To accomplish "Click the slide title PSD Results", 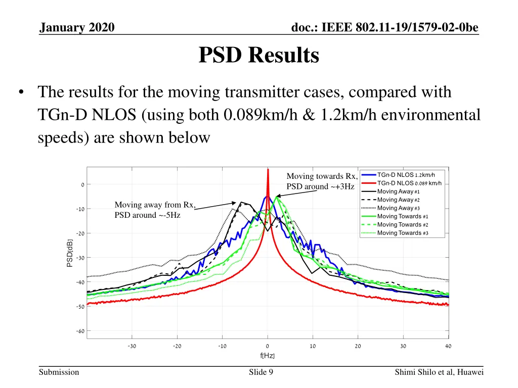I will click(x=258, y=56).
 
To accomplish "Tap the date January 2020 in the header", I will click(x=77, y=27).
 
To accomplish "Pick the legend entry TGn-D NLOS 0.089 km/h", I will click(x=409, y=183).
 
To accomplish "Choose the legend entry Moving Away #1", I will click(x=399, y=191).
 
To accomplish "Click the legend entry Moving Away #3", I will click(x=399, y=208).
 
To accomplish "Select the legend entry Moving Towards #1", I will click(x=403, y=216).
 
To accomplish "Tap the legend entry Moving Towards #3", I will click(x=403, y=233).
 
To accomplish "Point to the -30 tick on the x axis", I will click(x=132, y=346).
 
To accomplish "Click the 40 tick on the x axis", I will click(x=448, y=346).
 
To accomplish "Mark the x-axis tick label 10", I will click(x=313, y=346).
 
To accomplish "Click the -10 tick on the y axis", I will click(x=79, y=209).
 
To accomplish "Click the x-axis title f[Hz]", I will click(x=268, y=356).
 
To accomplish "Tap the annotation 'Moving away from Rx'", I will click(x=155, y=205).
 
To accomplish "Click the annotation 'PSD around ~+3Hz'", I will click(x=321, y=187).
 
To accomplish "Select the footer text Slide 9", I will click(x=262, y=372).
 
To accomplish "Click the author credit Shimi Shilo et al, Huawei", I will click(x=440, y=372).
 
